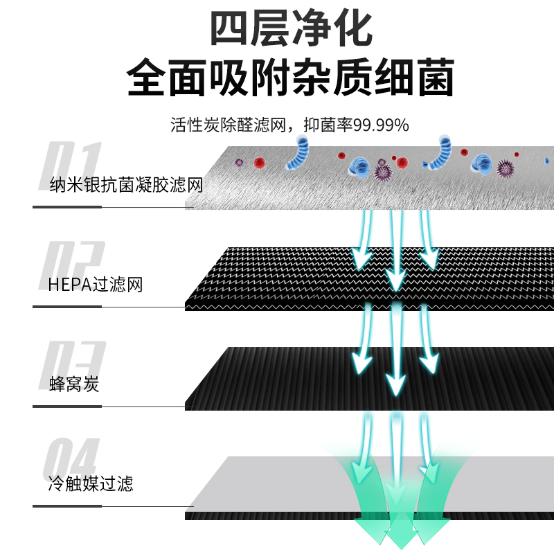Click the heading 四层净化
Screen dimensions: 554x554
coord(291,29)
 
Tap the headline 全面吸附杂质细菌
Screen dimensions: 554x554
coord(291,78)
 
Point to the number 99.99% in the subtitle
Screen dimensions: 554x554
coord(382,125)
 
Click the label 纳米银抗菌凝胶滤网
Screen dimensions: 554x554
coord(126,186)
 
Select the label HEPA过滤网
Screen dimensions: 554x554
coord(96,284)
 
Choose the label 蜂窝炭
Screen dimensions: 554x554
coord(75,384)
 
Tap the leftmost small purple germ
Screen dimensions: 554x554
coord(239,163)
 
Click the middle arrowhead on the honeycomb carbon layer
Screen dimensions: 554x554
coord(396,382)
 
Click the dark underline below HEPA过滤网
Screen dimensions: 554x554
coord(107,306)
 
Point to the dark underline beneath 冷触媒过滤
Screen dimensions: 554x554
coord(107,506)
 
